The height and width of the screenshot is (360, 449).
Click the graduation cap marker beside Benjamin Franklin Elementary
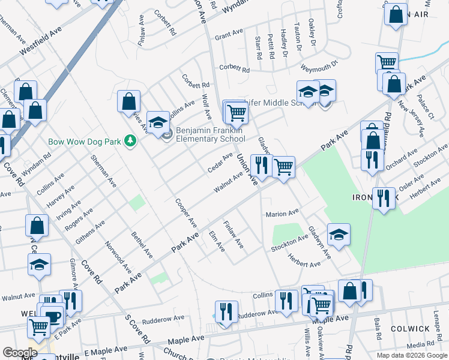click(x=158, y=122)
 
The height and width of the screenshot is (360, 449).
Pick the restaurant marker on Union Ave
click(x=261, y=165)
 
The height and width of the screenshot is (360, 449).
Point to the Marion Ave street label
click(x=282, y=214)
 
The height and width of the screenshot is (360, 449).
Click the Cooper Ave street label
click(x=186, y=212)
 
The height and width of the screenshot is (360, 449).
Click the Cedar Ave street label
click(x=220, y=161)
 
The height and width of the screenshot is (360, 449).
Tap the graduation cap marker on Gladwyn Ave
click(x=339, y=235)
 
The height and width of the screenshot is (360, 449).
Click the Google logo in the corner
click(x=20, y=353)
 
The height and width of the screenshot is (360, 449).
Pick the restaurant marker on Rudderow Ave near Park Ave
click(x=224, y=311)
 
